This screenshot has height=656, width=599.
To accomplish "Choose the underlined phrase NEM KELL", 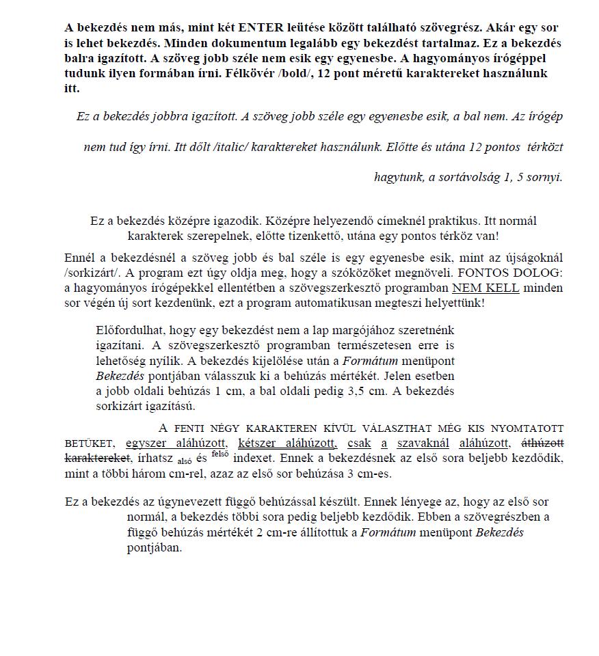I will [x=485, y=288].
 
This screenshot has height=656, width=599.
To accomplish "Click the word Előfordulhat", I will [x=127, y=331].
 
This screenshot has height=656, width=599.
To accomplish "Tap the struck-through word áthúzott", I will [x=543, y=443].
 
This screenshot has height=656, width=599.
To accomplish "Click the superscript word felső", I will [x=219, y=454].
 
